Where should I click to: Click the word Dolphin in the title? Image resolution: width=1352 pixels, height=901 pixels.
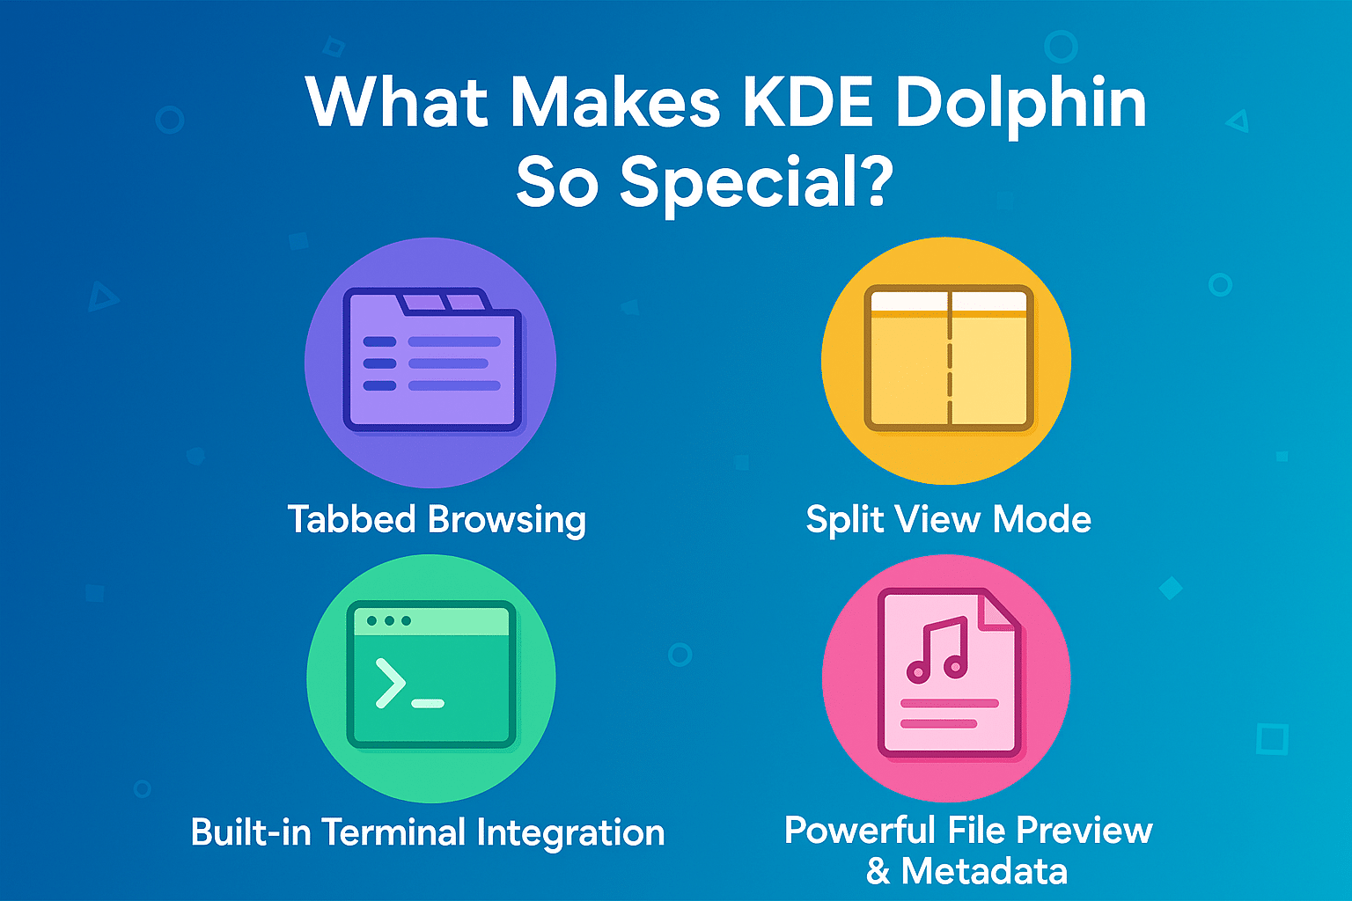[x=1021, y=104]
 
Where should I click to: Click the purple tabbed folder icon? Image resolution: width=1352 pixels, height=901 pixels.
[x=431, y=361]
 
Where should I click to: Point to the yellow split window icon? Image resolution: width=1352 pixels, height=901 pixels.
[x=948, y=358]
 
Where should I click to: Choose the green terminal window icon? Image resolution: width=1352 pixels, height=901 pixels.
[x=431, y=675]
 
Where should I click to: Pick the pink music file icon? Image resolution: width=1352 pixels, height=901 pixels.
[x=949, y=675]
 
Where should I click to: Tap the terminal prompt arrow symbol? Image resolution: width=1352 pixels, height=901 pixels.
[x=390, y=683]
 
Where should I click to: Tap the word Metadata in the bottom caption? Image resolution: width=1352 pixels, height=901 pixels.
[x=984, y=871]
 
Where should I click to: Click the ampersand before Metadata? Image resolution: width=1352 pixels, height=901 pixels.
[x=878, y=871]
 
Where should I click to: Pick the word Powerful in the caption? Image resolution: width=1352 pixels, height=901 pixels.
[x=859, y=830]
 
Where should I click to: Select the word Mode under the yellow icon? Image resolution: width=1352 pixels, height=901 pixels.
[x=1042, y=519]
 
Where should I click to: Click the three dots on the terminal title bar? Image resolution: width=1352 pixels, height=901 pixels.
[x=388, y=621]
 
